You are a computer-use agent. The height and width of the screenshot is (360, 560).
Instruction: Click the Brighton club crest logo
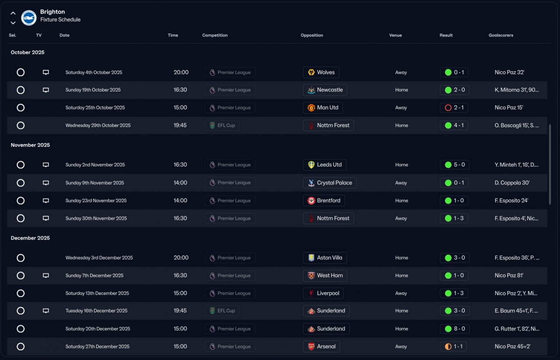(x=29, y=17)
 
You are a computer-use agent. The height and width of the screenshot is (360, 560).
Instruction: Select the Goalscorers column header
(x=501, y=35)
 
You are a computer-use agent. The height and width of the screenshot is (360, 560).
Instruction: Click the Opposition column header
(x=311, y=35)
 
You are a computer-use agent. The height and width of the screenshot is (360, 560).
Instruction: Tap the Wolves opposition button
(x=321, y=73)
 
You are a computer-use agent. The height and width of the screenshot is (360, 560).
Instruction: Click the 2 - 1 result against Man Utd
(x=454, y=108)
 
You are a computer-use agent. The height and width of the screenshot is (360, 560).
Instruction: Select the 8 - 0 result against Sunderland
(x=455, y=329)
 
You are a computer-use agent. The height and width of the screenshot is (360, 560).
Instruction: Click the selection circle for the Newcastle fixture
(x=21, y=90)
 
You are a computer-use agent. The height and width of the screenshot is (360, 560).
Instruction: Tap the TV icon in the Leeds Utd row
(x=46, y=165)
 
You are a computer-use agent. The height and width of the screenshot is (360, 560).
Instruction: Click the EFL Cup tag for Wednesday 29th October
(x=222, y=126)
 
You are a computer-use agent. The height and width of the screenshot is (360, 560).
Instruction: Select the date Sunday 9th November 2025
(x=95, y=183)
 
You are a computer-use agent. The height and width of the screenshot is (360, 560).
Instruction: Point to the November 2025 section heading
(x=30, y=145)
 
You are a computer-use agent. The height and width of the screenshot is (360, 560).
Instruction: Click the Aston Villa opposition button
(x=325, y=258)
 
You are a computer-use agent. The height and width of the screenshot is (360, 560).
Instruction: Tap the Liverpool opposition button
(x=323, y=294)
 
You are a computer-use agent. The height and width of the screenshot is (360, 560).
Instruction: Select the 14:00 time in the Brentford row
(x=180, y=201)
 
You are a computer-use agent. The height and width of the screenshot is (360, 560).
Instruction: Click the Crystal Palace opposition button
(x=329, y=183)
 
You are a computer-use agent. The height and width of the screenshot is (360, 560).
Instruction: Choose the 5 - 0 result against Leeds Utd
(x=455, y=165)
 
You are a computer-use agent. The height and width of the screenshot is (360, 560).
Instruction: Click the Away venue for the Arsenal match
(x=401, y=346)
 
